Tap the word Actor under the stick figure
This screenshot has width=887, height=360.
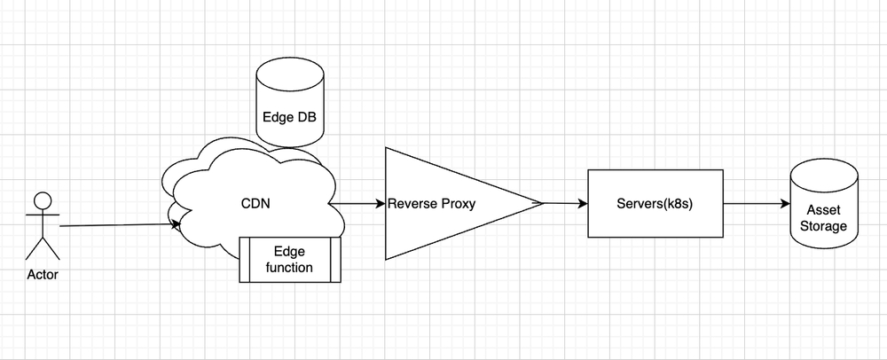coord(43,275)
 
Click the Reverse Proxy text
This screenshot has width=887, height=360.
coord(432,204)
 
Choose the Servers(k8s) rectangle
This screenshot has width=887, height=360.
coord(655,204)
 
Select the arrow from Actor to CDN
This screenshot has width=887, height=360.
coord(115,225)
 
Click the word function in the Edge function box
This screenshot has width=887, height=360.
coord(289,267)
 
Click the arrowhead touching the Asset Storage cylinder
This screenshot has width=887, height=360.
coord(785,204)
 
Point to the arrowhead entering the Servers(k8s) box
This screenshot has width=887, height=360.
coord(583,204)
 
